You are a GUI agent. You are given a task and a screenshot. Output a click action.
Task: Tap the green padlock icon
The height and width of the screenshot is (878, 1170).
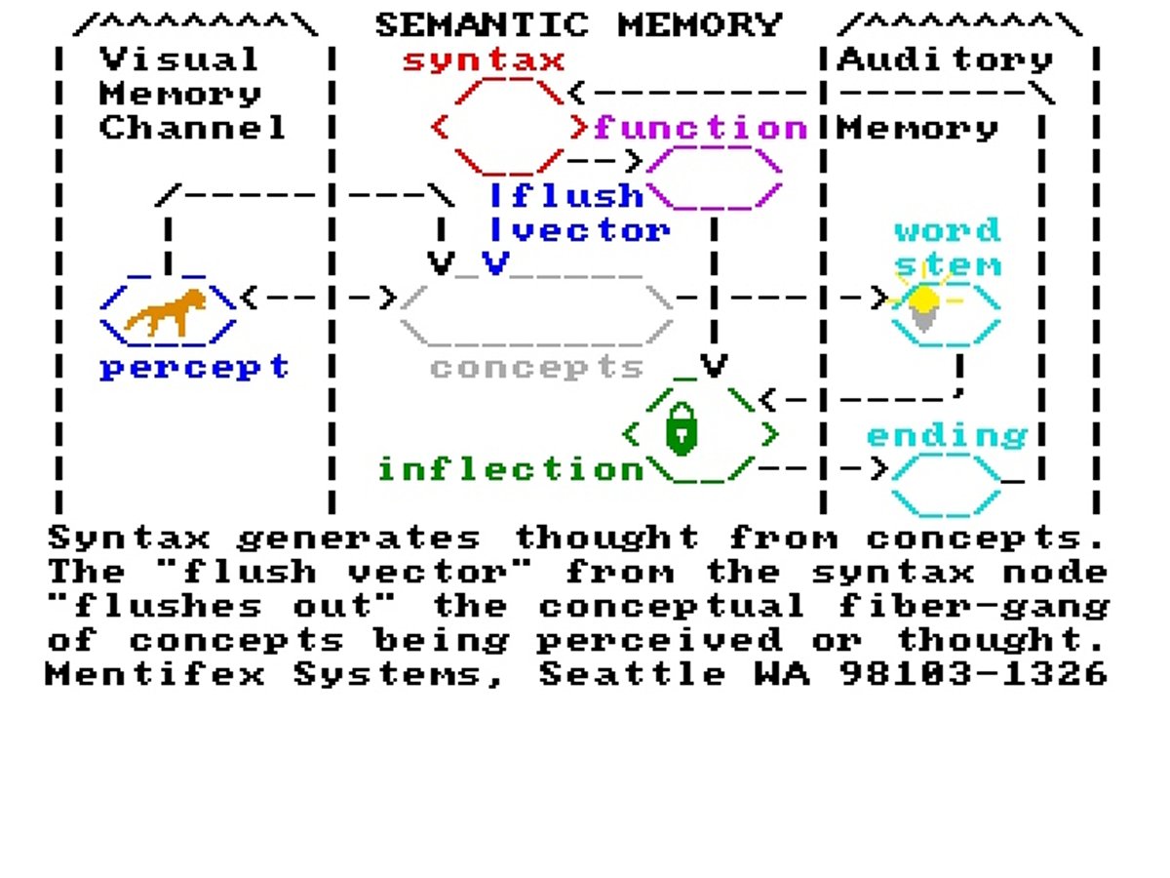[x=682, y=428]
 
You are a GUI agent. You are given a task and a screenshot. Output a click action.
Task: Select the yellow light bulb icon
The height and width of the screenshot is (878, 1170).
[x=923, y=305]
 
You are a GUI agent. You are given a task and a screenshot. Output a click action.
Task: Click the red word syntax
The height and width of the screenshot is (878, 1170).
[x=484, y=60]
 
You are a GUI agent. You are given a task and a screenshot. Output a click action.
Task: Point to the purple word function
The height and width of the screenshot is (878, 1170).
[x=701, y=128]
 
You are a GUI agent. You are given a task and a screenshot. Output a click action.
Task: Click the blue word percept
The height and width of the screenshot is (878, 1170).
[x=194, y=368]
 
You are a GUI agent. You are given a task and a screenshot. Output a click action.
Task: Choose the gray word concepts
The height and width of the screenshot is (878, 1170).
[x=536, y=368]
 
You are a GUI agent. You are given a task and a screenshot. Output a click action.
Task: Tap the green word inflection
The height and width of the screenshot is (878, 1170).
[x=511, y=469]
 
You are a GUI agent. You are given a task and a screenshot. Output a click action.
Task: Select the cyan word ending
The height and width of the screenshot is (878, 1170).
[x=947, y=435]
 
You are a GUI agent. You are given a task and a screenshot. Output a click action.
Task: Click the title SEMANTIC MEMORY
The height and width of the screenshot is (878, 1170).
[x=578, y=23]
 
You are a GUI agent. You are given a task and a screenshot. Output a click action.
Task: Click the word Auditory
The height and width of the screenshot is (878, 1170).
[x=946, y=60]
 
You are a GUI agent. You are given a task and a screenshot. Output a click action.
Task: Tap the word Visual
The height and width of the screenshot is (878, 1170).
[x=179, y=60]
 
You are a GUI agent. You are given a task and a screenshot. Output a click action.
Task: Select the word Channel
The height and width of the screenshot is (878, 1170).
[x=193, y=128]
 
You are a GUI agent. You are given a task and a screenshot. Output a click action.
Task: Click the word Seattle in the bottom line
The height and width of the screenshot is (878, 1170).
[x=633, y=674]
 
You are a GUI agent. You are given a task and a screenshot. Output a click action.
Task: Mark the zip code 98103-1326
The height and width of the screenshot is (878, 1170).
[x=974, y=674]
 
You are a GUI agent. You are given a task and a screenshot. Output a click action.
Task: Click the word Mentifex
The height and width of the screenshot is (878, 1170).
[x=155, y=674]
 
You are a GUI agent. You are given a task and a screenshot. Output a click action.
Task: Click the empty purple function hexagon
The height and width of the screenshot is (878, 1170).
[x=714, y=179]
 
